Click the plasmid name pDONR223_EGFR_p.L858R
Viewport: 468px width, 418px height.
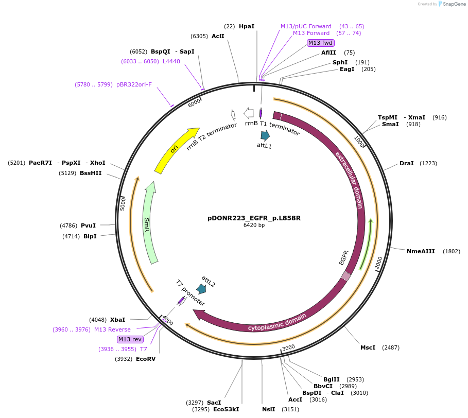[x=254, y=218]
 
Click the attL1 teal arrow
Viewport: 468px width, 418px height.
[x=265, y=135]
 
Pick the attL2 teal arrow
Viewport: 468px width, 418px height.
[x=201, y=289]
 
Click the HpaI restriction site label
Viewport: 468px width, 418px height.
[x=247, y=26]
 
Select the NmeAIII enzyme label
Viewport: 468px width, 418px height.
[x=421, y=251]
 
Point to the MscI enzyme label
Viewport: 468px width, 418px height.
[x=368, y=347]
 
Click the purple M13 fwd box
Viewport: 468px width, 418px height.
[x=320, y=43]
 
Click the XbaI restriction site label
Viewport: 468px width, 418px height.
[x=117, y=320]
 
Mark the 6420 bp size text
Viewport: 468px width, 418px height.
[x=254, y=225]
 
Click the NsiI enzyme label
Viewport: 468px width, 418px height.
[x=269, y=409]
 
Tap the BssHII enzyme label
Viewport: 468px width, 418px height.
[x=91, y=173]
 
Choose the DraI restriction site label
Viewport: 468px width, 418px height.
[x=407, y=163]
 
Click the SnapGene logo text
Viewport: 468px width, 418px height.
[x=454, y=4]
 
